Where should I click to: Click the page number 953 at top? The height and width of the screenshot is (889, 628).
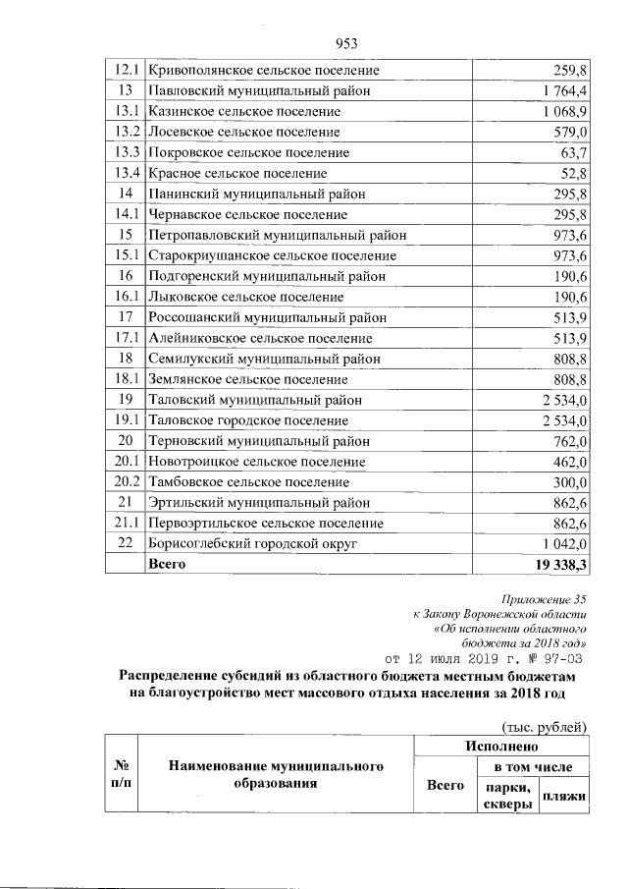tap(344, 42)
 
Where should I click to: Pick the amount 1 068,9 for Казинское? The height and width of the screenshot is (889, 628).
tap(561, 112)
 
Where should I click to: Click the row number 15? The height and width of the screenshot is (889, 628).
tap(125, 236)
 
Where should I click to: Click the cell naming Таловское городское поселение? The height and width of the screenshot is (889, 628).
tap(246, 420)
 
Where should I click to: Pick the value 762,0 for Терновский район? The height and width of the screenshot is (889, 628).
tap(568, 441)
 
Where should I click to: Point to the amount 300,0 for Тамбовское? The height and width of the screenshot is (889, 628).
tap(568, 482)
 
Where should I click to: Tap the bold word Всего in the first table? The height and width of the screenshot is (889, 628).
tap(165, 565)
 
